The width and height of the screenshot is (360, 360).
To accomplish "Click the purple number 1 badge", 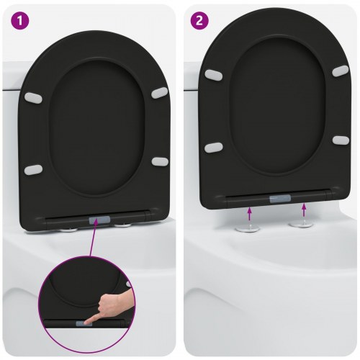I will click(x=18, y=19).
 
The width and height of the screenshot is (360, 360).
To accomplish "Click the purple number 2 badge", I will click(x=197, y=19).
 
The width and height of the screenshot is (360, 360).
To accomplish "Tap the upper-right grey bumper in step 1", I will click(x=159, y=94).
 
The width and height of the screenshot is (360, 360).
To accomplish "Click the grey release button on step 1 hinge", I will click(x=97, y=220).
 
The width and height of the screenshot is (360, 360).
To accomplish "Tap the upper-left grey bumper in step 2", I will click(x=213, y=74).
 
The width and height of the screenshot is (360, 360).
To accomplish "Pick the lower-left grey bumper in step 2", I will click(x=213, y=147).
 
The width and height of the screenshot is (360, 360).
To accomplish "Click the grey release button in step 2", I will click(x=279, y=196).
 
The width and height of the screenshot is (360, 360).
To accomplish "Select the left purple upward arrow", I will click(x=250, y=211).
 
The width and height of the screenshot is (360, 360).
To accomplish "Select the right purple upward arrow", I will click(x=304, y=210).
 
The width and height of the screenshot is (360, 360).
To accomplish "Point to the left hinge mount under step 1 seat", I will click(x=70, y=229).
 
